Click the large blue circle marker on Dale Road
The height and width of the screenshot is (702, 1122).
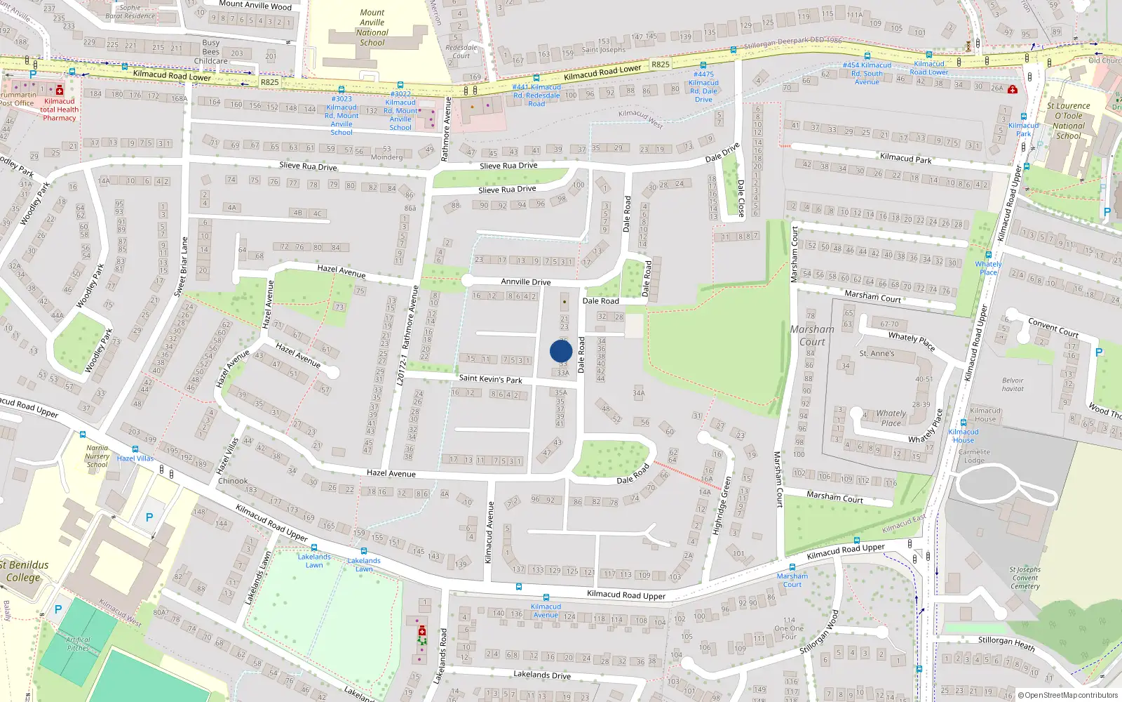click(x=561, y=351)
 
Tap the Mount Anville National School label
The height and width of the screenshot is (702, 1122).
click(x=372, y=27)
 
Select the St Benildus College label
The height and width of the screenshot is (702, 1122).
click(x=24, y=571)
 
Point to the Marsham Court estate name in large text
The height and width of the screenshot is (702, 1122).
click(x=812, y=336)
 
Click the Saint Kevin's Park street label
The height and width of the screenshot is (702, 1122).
click(x=490, y=379)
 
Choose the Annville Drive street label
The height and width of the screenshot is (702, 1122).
click(x=525, y=282)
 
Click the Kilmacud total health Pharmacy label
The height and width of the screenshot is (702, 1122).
click(x=60, y=110)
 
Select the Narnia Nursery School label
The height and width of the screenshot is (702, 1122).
click(x=97, y=456)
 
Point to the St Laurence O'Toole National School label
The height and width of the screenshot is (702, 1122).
click(x=1068, y=121)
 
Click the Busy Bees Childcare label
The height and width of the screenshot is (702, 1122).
click(x=211, y=52)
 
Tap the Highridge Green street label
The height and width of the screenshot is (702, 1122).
click(x=722, y=505)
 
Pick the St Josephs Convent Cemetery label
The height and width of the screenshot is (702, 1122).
click(x=1025, y=578)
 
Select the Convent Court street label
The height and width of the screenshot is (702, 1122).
click(x=1053, y=327)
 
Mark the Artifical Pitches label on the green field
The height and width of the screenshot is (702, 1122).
click(x=78, y=644)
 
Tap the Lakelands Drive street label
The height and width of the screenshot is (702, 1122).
click(x=541, y=675)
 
